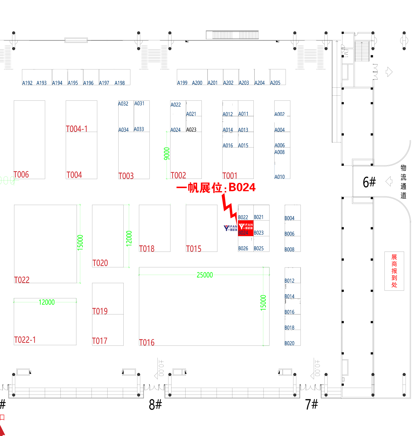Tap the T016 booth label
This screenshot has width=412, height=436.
(147, 342)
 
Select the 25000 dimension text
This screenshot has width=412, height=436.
(205, 275)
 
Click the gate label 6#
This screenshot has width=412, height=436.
(369, 182)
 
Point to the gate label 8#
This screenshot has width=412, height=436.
(155, 405)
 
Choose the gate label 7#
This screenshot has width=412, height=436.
(311, 404)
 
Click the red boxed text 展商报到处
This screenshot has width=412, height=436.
(394, 271)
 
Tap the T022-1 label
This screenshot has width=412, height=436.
(25, 340)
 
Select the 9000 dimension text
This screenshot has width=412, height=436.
(167, 154)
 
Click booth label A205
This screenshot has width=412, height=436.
(275, 83)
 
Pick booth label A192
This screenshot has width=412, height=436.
(27, 83)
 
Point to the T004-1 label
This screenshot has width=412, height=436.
(77, 129)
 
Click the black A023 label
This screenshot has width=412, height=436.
(191, 130)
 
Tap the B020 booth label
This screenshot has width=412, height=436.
(289, 343)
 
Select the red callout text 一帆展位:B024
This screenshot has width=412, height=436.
(216, 188)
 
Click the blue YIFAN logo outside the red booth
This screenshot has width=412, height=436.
(230, 228)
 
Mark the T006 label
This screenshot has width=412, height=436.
(21, 175)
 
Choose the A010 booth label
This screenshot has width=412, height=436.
(279, 177)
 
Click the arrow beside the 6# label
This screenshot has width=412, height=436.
(389, 181)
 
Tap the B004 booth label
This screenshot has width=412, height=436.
(289, 218)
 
